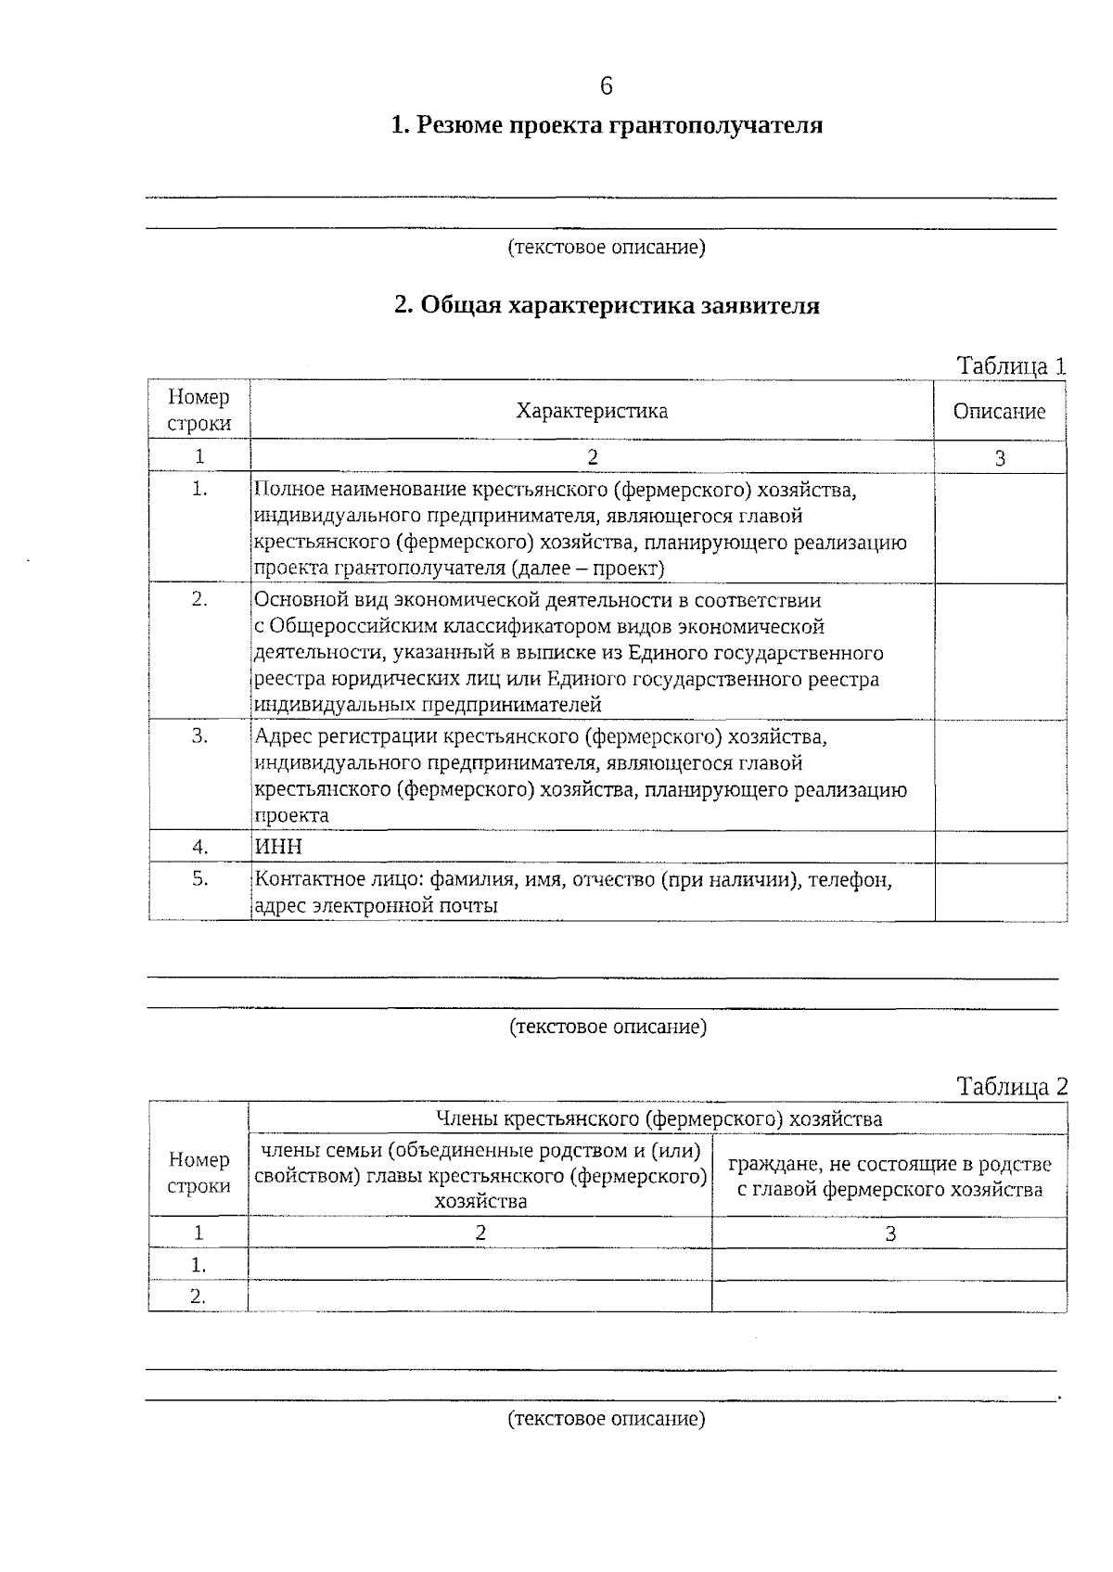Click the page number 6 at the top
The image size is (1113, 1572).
point(606,86)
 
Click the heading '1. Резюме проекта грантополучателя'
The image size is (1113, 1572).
point(607,125)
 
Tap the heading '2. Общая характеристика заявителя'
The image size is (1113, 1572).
point(607,306)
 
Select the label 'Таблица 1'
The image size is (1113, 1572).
point(1011,366)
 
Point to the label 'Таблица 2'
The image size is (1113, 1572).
point(1012,1087)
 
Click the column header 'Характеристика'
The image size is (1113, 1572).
point(592,411)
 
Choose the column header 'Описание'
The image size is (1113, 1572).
point(999,412)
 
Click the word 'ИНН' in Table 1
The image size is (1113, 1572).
point(278,847)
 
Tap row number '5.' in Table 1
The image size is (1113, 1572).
point(199,877)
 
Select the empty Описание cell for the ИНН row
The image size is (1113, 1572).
point(1000,847)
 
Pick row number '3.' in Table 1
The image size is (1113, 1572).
point(199,735)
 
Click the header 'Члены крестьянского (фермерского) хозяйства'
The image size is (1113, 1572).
point(658,1118)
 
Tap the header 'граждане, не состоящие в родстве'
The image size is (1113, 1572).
point(889,1164)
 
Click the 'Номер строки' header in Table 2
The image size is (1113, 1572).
point(198,1173)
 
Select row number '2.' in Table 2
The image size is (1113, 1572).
point(198,1297)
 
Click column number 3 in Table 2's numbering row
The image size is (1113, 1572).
point(889,1233)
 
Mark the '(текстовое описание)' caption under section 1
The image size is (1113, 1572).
point(607,248)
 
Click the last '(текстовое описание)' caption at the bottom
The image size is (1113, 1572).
point(607,1419)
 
